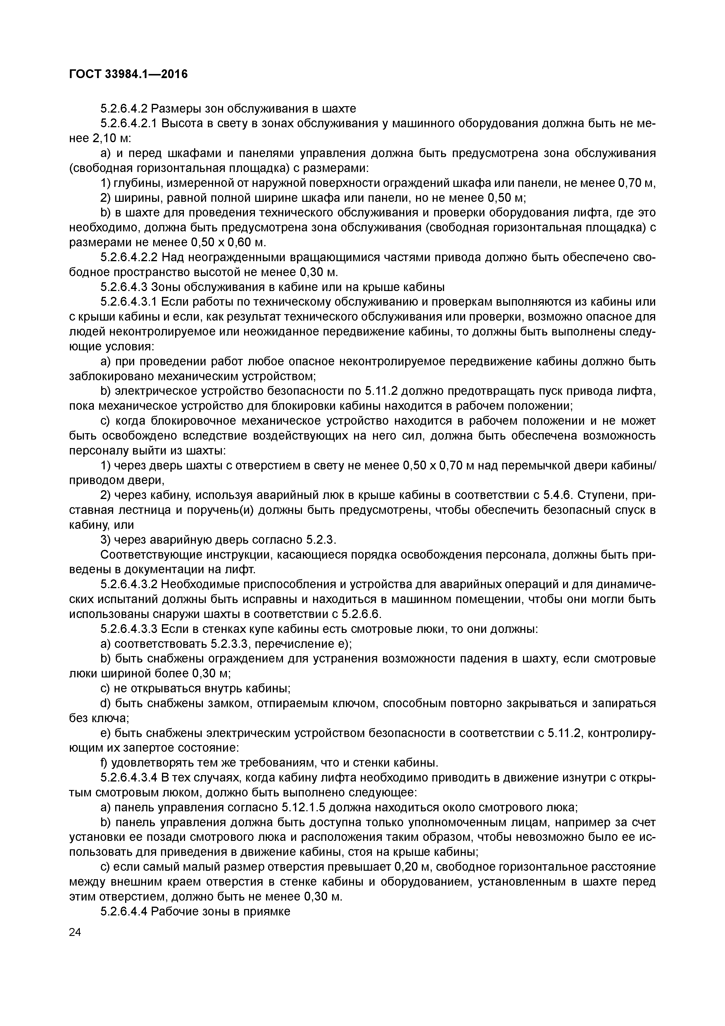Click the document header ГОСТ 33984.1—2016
click(128, 75)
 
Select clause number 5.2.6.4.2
click(124, 109)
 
